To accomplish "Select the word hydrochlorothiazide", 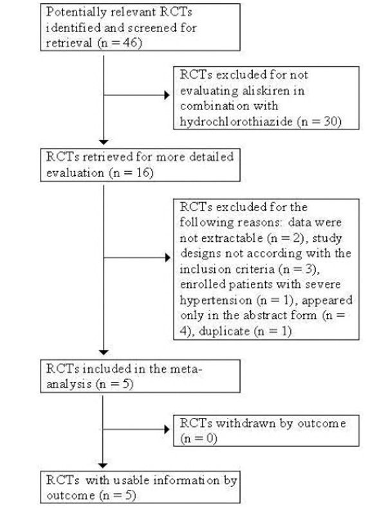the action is [x=236, y=122].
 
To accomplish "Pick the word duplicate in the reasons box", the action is [x=225, y=331].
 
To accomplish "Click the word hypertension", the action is [x=216, y=300].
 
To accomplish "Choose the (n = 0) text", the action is [x=199, y=438].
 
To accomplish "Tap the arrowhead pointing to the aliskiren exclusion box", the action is [x=167, y=95].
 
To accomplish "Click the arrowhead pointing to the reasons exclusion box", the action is [x=167, y=258].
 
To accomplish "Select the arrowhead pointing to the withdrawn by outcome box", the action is [x=167, y=429].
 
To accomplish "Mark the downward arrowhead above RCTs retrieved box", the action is [x=104, y=142].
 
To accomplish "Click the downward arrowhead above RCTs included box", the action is [x=104, y=352].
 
